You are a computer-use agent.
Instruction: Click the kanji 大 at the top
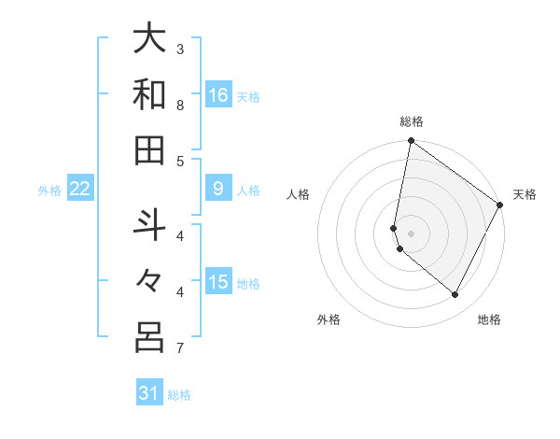149,39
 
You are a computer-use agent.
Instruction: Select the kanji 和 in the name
149,94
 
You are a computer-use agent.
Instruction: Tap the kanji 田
149,149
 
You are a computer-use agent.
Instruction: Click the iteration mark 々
149,281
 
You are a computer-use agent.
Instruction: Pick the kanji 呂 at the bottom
149,337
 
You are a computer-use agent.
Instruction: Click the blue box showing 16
218,95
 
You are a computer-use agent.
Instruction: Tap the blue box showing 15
218,283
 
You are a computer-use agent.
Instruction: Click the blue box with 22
80,190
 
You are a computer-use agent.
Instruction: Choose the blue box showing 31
149,393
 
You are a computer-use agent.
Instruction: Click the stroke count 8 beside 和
180,105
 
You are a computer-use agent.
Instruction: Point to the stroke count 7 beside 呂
180,348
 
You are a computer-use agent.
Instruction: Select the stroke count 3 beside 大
180,49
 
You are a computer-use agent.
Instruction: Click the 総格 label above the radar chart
412,121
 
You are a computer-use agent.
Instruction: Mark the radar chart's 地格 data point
455,294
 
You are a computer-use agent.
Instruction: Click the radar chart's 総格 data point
411,141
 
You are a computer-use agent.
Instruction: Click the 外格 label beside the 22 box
49,191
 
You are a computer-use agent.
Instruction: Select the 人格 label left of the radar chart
299,194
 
